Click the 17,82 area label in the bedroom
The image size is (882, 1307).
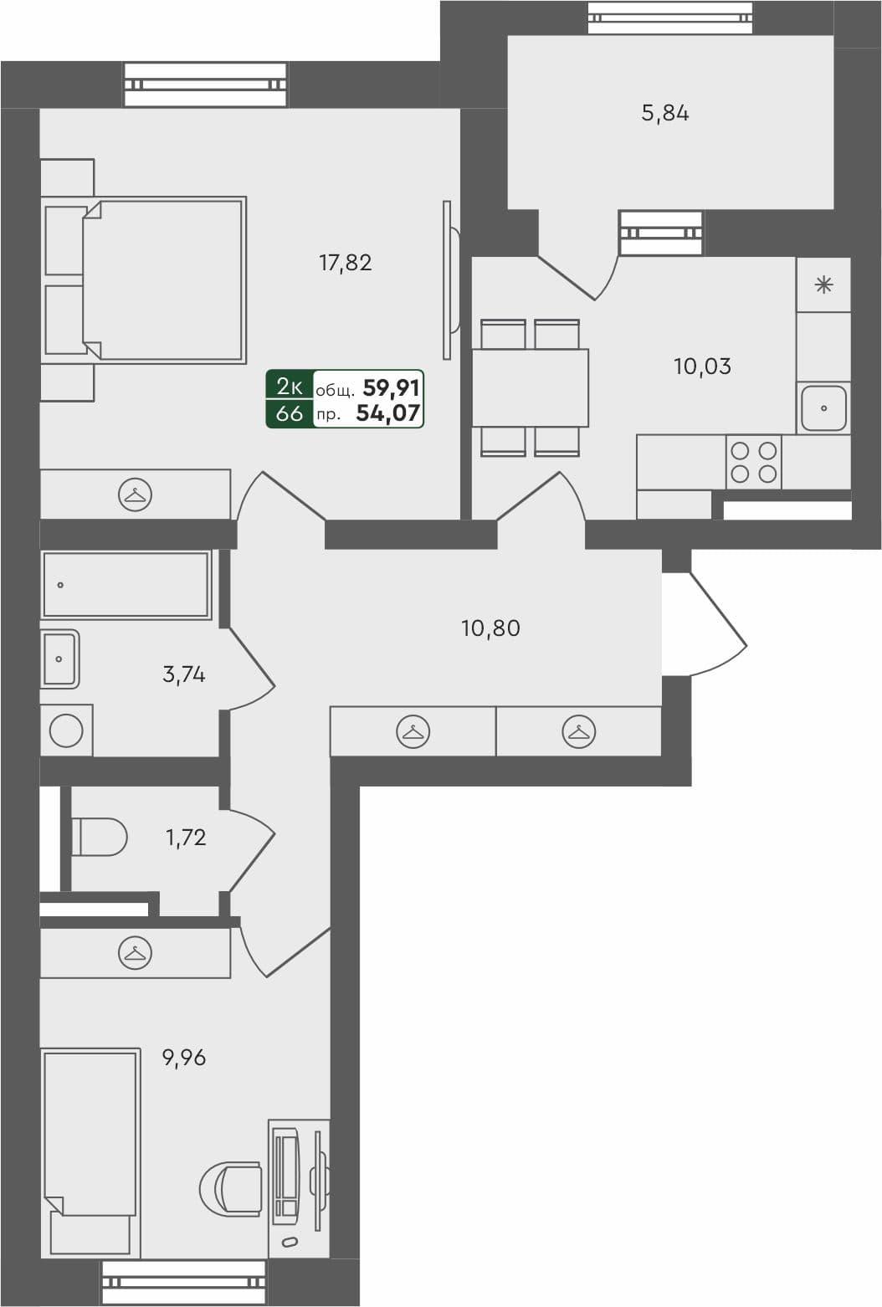coord(345,263)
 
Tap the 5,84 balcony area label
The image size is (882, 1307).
coord(665,113)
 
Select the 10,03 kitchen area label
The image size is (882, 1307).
coord(702,366)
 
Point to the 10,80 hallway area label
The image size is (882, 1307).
coord(490,628)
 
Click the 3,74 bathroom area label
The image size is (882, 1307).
coord(184,674)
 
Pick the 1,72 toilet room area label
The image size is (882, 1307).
coord(186,838)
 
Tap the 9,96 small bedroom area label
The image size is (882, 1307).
coord(184,1058)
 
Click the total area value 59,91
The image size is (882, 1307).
coord(392,387)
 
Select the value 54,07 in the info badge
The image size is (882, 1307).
coord(388,413)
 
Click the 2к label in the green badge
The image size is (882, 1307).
coord(290,387)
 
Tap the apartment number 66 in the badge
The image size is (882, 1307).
coord(290,413)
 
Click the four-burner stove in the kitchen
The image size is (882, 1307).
coord(753,462)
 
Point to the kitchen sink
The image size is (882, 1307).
coord(823,408)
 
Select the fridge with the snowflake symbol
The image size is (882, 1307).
coord(823,285)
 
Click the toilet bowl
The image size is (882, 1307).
coord(99,837)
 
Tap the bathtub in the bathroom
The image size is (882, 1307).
coord(126,585)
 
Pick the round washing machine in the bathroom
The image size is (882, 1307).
coord(66,730)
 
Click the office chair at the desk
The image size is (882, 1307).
coord(233,1187)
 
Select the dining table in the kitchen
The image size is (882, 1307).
coord(530,388)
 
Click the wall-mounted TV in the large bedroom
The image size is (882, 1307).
coord(449,280)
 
